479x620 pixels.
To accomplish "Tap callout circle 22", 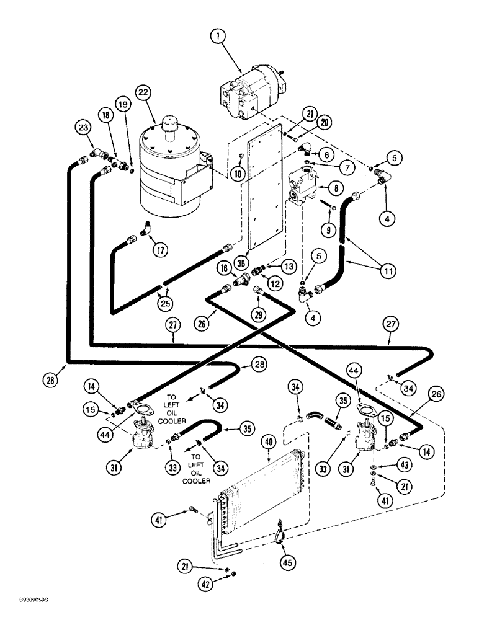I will pyautogui.click(x=143, y=92).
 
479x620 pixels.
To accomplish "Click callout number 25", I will pyautogui.click(x=164, y=304).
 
